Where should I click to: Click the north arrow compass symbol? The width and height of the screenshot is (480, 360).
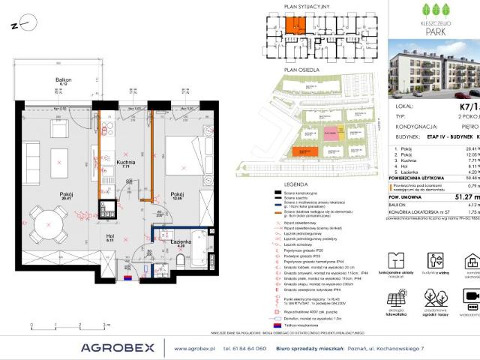[x=22, y=25]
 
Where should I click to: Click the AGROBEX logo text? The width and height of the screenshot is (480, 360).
[x=118, y=347]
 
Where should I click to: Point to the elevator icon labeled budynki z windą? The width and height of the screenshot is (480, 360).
[x=436, y=260]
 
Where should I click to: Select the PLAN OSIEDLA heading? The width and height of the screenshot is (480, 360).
[x=295, y=69]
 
